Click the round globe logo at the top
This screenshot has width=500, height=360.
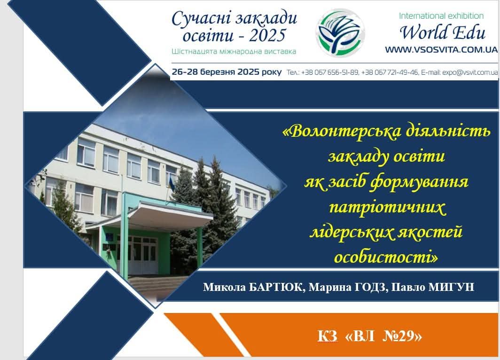click(341, 32)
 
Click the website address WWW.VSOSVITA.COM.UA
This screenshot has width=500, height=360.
click(441, 50)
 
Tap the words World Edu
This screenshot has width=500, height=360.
click(443, 32)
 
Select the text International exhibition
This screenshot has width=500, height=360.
click(441, 16)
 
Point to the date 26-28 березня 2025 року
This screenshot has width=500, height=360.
click(227, 72)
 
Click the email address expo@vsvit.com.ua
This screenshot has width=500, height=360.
click(470, 72)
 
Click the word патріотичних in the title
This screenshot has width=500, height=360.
click(387, 208)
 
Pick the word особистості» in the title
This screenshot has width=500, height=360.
click(386, 257)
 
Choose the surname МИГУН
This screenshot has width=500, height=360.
click(451, 287)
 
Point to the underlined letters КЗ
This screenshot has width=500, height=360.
click(328, 336)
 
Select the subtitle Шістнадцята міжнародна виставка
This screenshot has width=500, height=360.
click(234, 51)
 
